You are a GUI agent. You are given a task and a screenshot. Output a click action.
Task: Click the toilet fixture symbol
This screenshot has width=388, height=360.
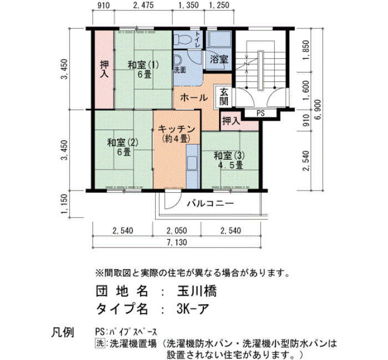click(x=182, y=39)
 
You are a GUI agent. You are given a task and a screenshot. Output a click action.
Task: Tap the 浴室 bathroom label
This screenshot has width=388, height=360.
click(x=219, y=59)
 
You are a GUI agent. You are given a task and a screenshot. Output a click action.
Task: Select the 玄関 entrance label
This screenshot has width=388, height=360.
click(x=224, y=96)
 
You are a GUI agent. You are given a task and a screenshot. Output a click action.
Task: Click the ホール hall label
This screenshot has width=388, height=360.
click(x=194, y=98)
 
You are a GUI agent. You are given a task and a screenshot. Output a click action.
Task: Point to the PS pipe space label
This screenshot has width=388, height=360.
click(x=261, y=113)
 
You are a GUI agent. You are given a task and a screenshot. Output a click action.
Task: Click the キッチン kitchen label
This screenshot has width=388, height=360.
click(x=176, y=129)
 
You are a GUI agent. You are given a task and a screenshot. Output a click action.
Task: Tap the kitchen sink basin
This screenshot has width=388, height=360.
click(x=193, y=163)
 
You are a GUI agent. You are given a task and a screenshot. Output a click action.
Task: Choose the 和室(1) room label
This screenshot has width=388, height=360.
click(x=143, y=65)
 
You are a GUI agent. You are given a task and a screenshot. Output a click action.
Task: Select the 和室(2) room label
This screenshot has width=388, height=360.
click(x=122, y=143)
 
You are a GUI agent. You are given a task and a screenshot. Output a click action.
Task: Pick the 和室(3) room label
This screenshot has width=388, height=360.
click(x=229, y=156)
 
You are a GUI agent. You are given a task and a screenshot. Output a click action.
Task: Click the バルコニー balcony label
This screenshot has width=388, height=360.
click(x=210, y=203)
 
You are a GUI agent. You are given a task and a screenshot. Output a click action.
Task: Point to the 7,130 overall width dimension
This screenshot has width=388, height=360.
click(x=177, y=243)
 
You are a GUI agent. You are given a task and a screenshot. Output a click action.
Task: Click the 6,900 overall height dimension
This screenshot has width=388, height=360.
click(x=318, y=109)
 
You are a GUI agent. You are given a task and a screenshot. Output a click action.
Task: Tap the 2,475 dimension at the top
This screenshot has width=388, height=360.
click(x=143, y=5)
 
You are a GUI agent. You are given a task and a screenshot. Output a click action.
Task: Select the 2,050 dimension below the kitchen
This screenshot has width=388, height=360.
click(x=177, y=231)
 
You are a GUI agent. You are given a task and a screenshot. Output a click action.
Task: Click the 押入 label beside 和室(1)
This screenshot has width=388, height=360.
click(x=104, y=69)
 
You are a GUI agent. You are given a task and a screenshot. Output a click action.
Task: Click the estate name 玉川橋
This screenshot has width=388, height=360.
click(x=197, y=291)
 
